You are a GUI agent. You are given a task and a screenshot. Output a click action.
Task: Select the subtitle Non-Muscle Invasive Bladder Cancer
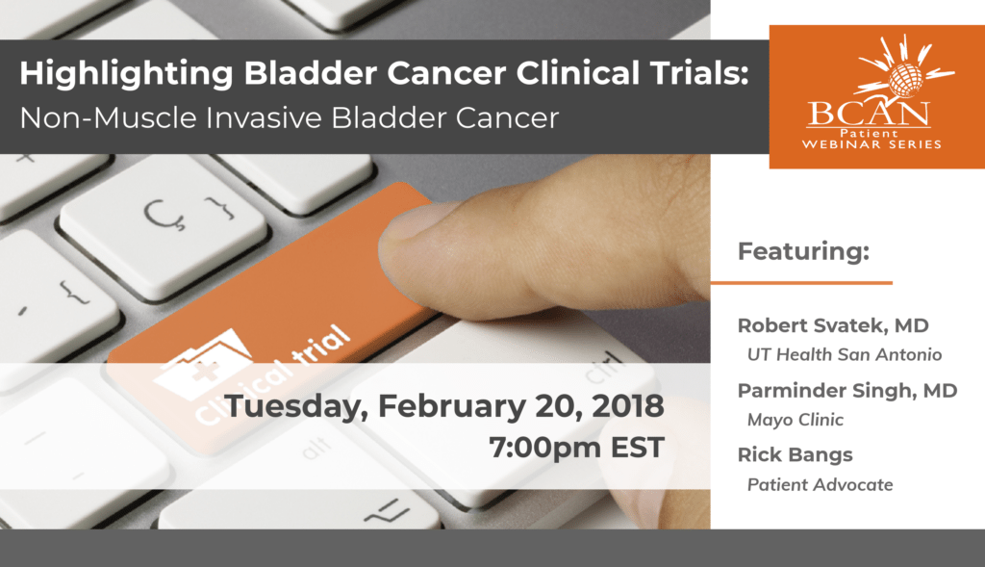click(290, 117)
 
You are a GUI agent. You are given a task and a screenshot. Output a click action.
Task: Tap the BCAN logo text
click(869, 114)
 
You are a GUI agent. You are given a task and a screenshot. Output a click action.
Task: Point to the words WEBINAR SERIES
click(874, 144)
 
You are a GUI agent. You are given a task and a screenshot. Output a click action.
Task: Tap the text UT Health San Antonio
click(844, 354)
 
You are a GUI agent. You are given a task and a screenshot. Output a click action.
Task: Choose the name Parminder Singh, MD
click(846, 390)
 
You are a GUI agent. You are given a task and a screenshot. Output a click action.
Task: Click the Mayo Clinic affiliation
click(795, 420)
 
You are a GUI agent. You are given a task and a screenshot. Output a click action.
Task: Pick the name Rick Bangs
click(794, 454)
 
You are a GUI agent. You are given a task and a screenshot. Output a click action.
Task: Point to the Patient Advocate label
click(820, 484)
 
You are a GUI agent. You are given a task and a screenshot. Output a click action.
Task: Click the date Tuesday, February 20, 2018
click(443, 406)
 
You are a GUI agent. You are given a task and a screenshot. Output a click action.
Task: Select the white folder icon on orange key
click(201, 362)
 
